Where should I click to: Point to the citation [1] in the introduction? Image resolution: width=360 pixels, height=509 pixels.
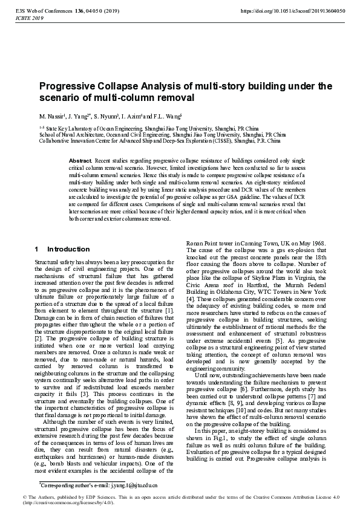pyautogui.click(x=169, y=310)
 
